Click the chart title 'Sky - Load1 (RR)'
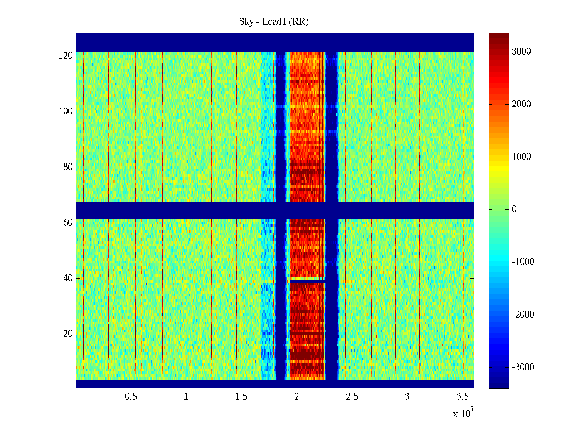[x=274, y=22]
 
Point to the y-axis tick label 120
[x=66, y=56]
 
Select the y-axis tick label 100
[x=66, y=112]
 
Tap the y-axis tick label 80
[x=68, y=167]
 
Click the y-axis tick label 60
[x=68, y=223]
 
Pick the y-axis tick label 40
[x=68, y=278]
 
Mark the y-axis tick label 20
[x=68, y=334]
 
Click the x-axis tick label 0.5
[x=131, y=397]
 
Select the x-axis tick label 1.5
[x=241, y=397]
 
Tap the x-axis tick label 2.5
[x=352, y=397]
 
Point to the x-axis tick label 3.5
[x=462, y=397]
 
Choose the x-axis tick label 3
[x=407, y=397]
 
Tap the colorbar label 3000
[x=521, y=52]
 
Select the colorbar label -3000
[x=523, y=367]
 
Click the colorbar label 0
[x=514, y=209]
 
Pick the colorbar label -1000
[x=523, y=262]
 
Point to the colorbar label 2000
[x=521, y=104]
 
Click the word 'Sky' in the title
[x=246, y=22]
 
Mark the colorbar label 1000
[x=521, y=157]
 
